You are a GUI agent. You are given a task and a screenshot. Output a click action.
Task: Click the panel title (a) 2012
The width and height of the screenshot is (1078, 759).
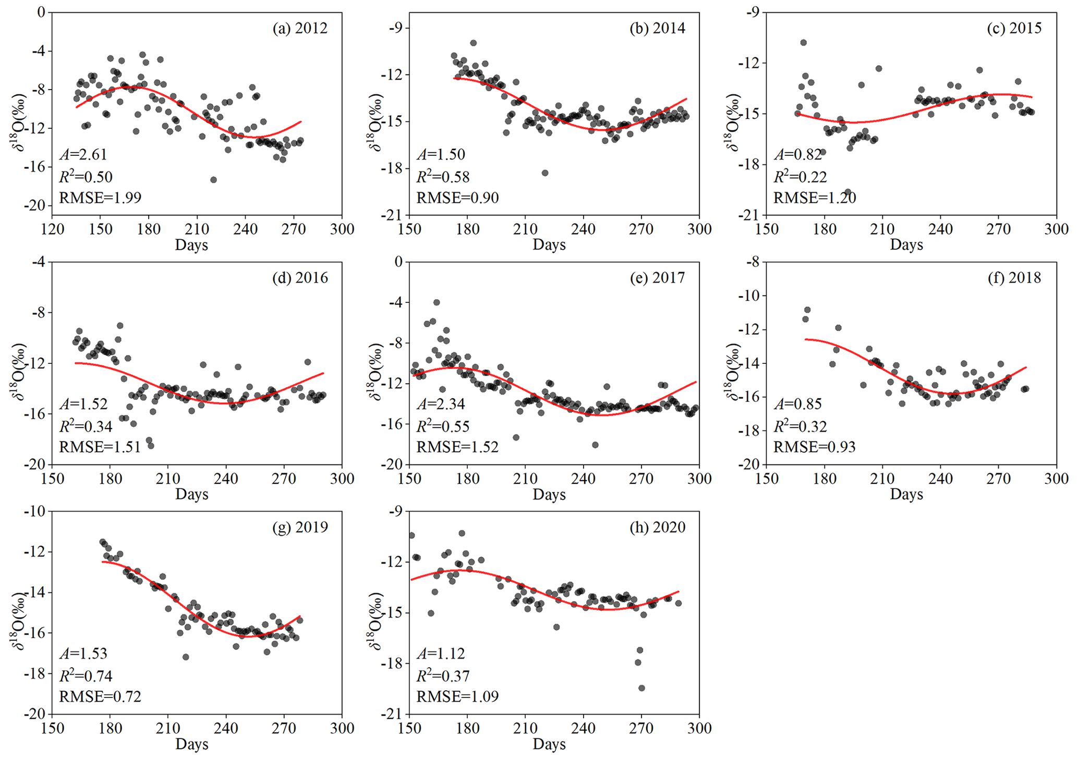coord(300,28)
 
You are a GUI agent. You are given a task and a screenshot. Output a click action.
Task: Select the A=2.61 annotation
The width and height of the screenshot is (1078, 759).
coord(83,154)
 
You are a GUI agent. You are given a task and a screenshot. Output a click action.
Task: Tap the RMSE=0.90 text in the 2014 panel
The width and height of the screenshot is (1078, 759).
coord(457,198)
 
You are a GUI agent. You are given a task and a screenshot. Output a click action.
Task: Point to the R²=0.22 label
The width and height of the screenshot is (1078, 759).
coord(800,177)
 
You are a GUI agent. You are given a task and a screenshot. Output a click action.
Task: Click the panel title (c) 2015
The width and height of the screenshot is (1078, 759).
coord(1014,28)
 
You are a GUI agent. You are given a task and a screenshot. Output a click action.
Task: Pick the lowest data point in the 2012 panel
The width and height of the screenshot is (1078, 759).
coord(213,180)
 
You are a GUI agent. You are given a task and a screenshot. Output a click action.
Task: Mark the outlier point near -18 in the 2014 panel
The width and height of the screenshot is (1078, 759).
coord(545,173)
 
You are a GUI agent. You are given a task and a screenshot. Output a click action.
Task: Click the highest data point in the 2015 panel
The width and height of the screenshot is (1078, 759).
coord(803,43)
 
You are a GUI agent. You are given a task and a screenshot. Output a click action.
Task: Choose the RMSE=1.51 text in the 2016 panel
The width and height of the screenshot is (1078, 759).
coord(100,447)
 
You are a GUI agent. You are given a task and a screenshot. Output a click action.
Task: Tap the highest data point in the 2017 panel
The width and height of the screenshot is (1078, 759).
coord(437,302)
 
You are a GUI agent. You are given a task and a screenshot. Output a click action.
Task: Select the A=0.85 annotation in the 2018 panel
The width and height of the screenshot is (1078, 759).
coord(797,404)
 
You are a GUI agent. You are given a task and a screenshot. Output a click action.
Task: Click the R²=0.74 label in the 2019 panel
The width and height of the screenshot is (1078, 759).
coord(86,676)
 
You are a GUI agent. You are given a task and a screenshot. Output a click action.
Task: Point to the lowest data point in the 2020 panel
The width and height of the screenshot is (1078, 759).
coord(641,688)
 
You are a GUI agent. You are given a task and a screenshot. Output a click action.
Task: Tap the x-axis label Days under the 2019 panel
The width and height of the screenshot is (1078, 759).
coord(192,744)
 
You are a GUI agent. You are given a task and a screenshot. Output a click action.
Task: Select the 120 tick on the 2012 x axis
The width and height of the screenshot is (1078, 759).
coord(52,229)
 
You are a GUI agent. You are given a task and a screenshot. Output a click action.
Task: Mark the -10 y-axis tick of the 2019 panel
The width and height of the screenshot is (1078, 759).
coord(34,511)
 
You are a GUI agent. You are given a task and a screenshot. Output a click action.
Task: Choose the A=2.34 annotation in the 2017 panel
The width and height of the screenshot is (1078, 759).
coord(440,404)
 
